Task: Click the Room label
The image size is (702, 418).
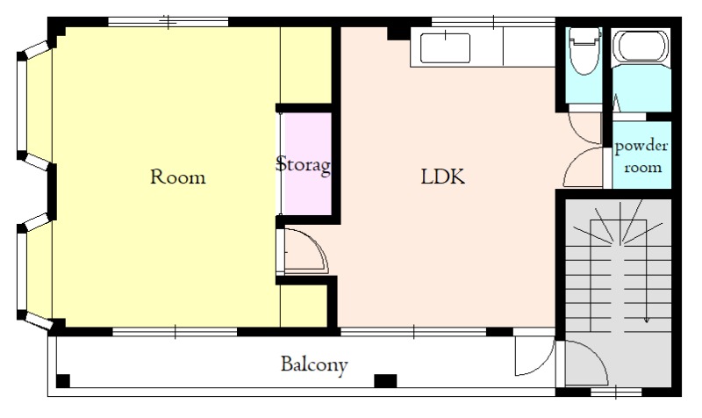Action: pyautogui.click(x=178, y=177)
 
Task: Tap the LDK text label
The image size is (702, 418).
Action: pyautogui.click(x=443, y=177)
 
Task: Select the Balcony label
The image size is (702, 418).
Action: pyautogui.click(x=314, y=364)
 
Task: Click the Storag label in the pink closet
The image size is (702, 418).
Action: pyautogui.click(x=304, y=164)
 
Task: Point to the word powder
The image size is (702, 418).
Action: pyautogui.click(x=641, y=147)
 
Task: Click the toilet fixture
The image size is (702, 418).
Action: pyautogui.click(x=584, y=51)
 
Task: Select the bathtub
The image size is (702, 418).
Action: pyautogui.click(x=642, y=47)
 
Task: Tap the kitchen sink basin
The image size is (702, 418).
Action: pyautogui.click(x=445, y=48)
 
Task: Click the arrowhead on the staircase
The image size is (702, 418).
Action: pyautogui.click(x=646, y=320)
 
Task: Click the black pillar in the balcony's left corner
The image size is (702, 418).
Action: pyautogui.click(x=62, y=381)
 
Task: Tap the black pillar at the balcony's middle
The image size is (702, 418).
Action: pyautogui.click(x=385, y=381)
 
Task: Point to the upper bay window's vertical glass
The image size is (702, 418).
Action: pyautogui.click(x=21, y=106)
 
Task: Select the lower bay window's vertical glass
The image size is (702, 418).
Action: pyautogui.click(x=21, y=271)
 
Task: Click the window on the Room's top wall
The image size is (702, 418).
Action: pyautogui.click(x=168, y=21)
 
